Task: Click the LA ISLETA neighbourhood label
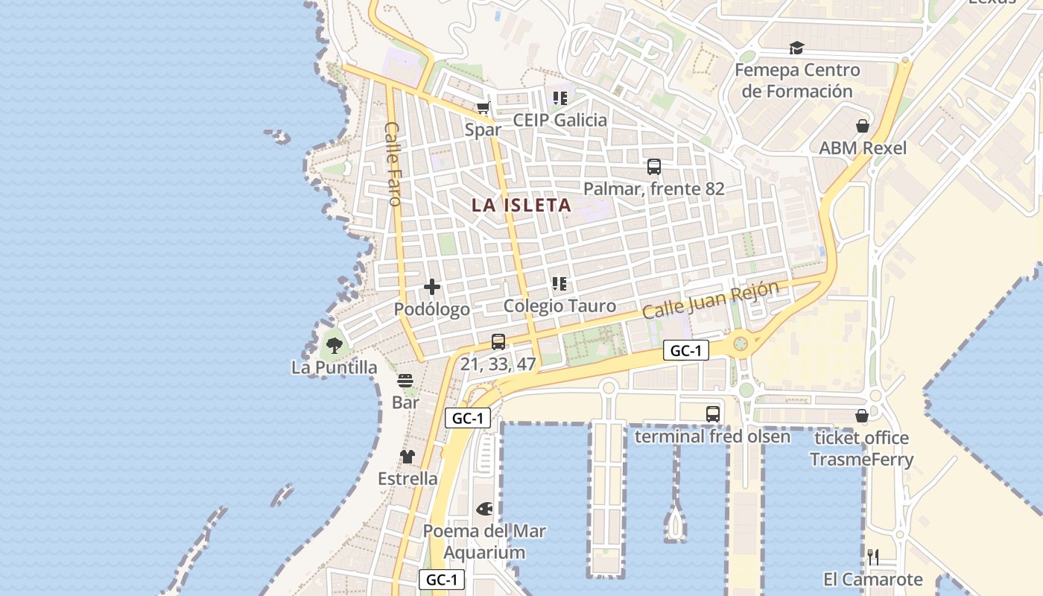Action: pos(521,205)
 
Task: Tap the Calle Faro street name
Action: pos(393,164)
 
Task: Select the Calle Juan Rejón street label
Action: pos(711,299)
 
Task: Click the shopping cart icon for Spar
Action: pos(484,108)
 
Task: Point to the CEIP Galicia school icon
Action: pos(560,98)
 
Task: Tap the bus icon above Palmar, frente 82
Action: pos(654,167)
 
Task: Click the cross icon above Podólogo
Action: pos(431,287)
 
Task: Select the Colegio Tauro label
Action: pos(559,305)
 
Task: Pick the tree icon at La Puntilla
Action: pos(334,345)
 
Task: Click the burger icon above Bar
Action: pos(405,381)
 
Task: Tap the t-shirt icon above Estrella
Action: pos(407,456)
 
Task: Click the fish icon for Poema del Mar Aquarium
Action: pos(484,510)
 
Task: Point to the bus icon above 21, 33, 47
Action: pos(498,342)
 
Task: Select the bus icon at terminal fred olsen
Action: pos(713,413)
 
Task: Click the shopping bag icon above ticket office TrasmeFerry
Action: pos(862,416)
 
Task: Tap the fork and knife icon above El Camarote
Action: pos(873,557)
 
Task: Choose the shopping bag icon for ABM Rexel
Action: pos(863,126)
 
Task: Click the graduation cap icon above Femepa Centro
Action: pos(797,48)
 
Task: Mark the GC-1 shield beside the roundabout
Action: pos(685,351)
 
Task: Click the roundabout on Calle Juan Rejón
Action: pos(741,343)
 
